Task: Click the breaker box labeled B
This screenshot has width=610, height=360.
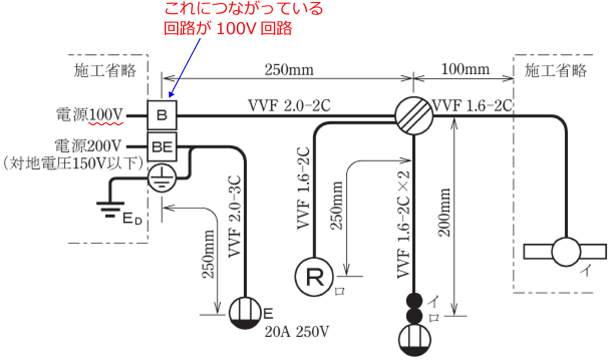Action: pyautogui.click(x=162, y=115)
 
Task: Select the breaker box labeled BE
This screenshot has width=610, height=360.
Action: pyautogui.click(x=162, y=147)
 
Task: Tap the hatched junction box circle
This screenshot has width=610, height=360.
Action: pyautogui.click(x=413, y=115)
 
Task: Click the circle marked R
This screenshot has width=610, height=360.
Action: pyautogui.click(x=315, y=277)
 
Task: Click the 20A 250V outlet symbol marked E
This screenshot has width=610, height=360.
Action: pyautogui.click(x=246, y=313)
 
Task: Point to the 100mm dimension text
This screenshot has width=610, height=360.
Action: pyautogui.click(x=465, y=69)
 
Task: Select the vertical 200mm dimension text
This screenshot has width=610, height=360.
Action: pyautogui.click(x=444, y=212)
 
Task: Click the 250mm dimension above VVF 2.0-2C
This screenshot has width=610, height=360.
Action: pyautogui.click(x=289, y=69)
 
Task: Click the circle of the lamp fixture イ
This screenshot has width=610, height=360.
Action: pyautogui.click(x=566, y=251)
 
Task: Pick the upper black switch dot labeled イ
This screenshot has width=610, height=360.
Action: pyautogui.click(x=414, y=301)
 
